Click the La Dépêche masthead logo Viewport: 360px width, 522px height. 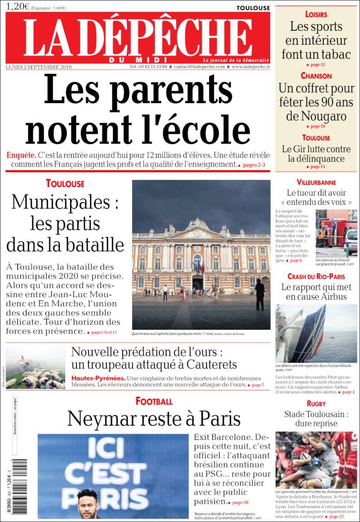[x=138, y=38]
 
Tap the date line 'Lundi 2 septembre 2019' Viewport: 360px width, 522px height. [x=38, y=67]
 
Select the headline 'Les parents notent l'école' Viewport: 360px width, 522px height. [x=138, y=111]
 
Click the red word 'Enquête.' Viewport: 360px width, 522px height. [x=21, y=155]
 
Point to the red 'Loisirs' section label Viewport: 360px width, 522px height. [x=316, y=14]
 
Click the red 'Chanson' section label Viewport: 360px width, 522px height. [x=316, y=76]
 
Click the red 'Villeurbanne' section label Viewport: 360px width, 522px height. [x=316, y=183]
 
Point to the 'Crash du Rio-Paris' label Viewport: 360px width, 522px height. [x=316, y=276]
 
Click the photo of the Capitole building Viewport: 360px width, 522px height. [x=201, y=254]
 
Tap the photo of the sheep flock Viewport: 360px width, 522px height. [x=36, y=368]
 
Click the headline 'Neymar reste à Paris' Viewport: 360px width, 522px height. [x=154, y=419]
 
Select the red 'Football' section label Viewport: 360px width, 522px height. [x=154, y=401]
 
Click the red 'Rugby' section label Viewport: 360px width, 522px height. [x=316, y=403]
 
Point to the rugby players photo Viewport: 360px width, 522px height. [x=316, y=460]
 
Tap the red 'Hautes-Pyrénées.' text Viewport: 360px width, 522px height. [x=98, y=378]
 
